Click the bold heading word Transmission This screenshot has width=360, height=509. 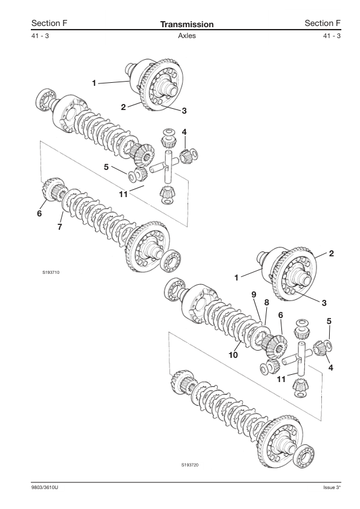coord(187,24)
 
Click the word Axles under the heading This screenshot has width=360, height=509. coord(187,36)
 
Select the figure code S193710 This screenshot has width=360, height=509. coord(51,273)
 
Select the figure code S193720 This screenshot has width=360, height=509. coord(190,465)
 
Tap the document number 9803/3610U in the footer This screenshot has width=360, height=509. coord(45,488)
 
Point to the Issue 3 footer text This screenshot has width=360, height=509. coord(332,488)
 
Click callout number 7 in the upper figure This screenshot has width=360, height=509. coord(59,227)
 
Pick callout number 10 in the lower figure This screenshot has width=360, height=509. coord(234,355)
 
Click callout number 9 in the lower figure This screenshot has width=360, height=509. coord(254,294)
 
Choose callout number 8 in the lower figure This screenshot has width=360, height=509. coord(267,302)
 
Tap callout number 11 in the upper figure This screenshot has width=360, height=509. coord(123,194)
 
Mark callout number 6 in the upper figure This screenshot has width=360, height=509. coord(39,213)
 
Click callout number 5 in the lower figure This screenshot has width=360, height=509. coord(329,322)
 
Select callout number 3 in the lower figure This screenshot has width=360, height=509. coord(324,303)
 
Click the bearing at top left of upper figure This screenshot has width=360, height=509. coord(45,99)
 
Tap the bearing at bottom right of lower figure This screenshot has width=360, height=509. coord(304,457)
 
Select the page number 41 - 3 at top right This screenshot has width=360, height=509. coord(332,36)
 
